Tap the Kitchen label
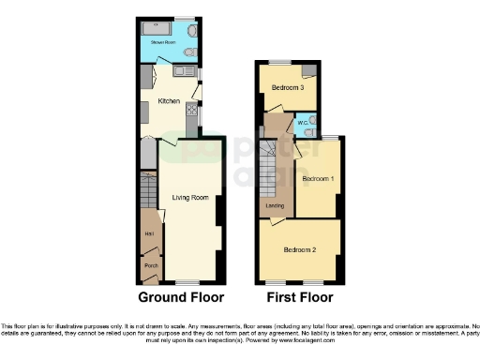169,100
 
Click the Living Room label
189,197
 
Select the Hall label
149,233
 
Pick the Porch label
150,266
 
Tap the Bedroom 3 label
282,87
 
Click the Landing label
275,205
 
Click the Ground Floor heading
181,297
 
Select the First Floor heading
300,297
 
